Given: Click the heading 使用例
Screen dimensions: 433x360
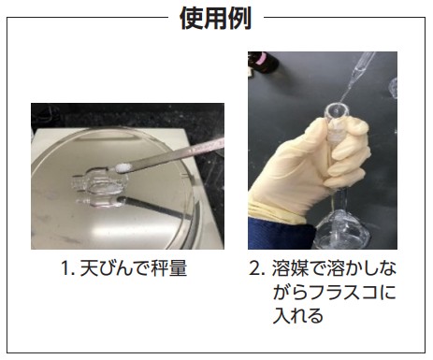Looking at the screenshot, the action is point(216,18).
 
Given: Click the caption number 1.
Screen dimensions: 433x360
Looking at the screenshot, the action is point(67,268).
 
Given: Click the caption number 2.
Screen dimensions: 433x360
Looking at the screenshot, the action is point(257,268).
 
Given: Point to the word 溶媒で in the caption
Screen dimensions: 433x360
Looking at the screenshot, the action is point(298,268).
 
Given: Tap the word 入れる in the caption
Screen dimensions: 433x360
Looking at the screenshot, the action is point(297,315).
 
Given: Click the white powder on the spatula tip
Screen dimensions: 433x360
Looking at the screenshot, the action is point(123,167).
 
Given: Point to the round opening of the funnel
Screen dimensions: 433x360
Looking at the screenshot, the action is point(337,109).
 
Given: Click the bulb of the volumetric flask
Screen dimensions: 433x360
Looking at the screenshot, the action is point(340,229).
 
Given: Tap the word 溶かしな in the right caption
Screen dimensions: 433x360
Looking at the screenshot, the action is point(361,268).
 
